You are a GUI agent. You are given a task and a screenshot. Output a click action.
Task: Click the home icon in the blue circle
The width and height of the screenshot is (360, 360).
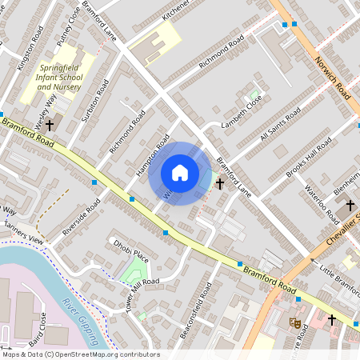pos(180,173)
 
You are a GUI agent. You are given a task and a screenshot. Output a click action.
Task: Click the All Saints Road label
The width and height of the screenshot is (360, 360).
pos(279,124)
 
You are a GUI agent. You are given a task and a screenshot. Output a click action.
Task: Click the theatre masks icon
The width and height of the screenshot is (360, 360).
pos(294,323)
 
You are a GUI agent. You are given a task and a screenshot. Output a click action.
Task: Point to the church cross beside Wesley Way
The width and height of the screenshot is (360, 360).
pos(50,125)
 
